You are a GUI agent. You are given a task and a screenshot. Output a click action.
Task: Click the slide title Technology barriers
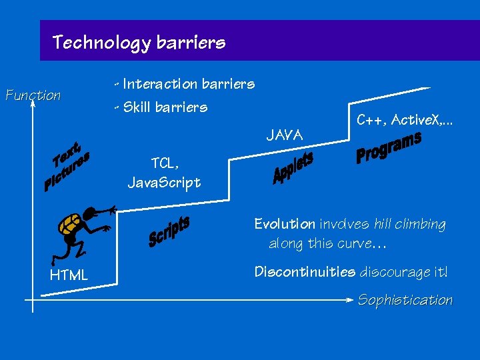pyautogui.click(x=139, y=43)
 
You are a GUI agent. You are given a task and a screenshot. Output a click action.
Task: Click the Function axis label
pyautogui.click(x=33, y=95)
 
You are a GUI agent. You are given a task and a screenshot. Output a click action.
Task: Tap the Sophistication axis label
pyautogui.click(x=405, y=300)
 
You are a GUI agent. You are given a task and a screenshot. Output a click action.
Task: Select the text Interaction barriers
pyautogui.click(x=189, y=84)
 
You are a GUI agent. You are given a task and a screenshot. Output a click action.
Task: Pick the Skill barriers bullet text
pyautogui.click(x=165, y=107)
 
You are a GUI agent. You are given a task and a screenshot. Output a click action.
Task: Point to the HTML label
pyautogui.click(x=69, y=274)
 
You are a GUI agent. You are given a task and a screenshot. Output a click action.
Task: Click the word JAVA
pyautogui.click(x=285, y=136)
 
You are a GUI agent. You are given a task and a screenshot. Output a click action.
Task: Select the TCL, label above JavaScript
pyautogui.click(x=165, y=163)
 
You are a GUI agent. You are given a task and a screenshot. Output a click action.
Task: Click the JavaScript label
pyautogui.click(x=164, y=182)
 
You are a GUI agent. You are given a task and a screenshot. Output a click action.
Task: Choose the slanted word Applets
pyautogui.click(x=293, y=168)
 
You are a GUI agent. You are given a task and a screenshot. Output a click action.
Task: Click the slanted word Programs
pyautogui.click(x=388, y=147)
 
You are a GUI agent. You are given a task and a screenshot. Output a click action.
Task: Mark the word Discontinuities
pyautogui.click(x=305, y=272)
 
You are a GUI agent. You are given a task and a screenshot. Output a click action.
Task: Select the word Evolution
pyautogui.click(x=285, y=224)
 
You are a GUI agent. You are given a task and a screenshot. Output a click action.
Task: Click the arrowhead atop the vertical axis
pyautogui.click(x=31, y=103)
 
